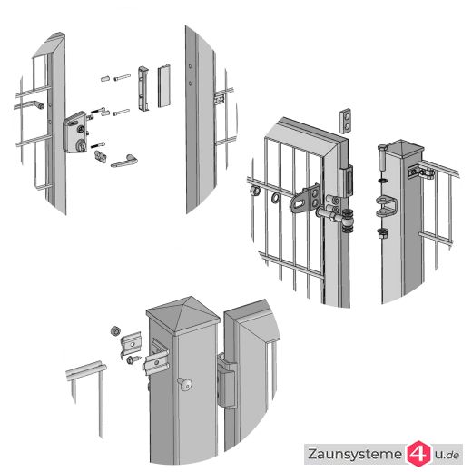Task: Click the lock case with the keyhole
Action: coord(74,133)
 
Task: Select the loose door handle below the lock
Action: coord(124,161)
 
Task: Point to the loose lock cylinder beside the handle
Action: coord(100,156)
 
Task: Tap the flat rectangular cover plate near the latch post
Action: coord(164,86)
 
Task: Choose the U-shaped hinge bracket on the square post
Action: coord(387,207)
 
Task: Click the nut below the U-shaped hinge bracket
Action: coord(382,233)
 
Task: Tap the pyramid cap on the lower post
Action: coord(182,315)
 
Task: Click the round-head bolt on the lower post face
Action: coord(185,384)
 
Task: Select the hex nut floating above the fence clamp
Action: coord(115,330)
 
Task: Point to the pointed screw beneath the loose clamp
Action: coord(134,359)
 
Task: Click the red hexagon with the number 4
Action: coord(418,454)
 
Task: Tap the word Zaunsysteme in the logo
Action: coord(355,454)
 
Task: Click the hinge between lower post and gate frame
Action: coord(227,380)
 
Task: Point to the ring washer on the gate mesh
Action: coord(276,198)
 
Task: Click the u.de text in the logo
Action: coord(447,454)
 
